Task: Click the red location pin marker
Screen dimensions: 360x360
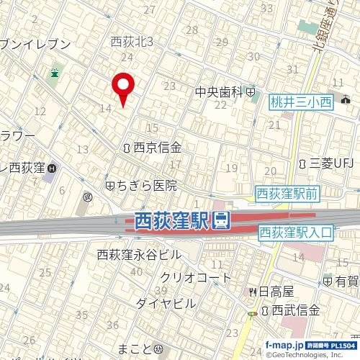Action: point(124,87)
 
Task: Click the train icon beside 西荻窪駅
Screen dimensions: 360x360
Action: point(222,220)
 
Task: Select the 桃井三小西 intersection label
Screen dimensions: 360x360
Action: point(300,103)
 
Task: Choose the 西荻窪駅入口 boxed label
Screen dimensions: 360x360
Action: point(296,233)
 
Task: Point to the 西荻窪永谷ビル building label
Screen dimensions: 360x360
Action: point(140,254)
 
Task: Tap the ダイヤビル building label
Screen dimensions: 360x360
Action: point(165,302)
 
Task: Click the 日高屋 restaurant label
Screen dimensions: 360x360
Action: point(276,292)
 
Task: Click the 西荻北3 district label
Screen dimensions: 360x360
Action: point(132,42)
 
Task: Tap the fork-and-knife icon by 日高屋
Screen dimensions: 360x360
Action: point(253,292)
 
